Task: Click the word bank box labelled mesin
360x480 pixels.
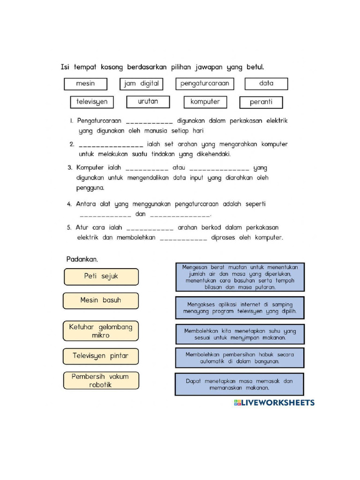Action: tap(85, 84)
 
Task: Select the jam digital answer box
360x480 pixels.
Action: tap(142, 84)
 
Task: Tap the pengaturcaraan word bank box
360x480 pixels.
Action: tap(204, 84)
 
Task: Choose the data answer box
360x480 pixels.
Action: tap(266, 84)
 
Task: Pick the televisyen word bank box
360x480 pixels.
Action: tap(92, 102)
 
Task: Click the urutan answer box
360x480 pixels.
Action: tap(148, 102)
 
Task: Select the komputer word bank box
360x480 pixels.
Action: tap(205, 102)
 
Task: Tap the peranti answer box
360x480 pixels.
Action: tap(261, 102)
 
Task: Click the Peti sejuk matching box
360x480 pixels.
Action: tap(101, 277)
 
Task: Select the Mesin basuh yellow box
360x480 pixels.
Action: tap(101, 300)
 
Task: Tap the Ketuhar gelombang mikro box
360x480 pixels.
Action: tap(101, 331)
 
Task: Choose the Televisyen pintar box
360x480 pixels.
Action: tap(101, 356)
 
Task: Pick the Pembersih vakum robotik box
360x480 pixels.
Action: tap(101, 381)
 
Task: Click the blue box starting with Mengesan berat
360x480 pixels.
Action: tap(240, 277)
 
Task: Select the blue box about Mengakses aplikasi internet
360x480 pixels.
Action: tap(240, 307)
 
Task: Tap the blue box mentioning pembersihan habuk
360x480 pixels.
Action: tap(240, 358)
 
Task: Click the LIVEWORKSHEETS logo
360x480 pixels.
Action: tap(274, 402)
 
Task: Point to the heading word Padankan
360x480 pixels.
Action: tap(82, 259)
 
